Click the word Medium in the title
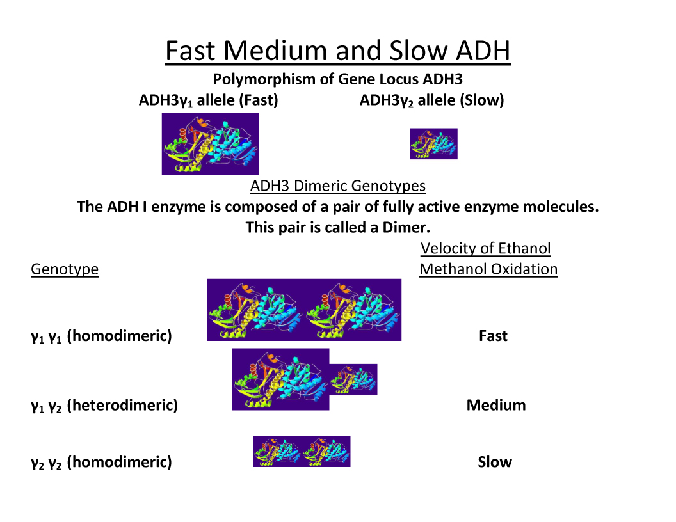tap(276, 51)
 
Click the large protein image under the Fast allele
tap(211, 143)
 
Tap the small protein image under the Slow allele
tap(433, 143)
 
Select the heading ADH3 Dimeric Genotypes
tap(338, 186)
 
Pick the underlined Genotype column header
tap(65, 269)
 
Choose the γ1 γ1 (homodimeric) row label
tap(101, 336)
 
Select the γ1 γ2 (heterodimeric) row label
tap(104, 406)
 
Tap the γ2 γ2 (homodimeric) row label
tap(101, 462)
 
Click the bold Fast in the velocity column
tap(493, 336)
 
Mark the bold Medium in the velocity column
tap(496, 406)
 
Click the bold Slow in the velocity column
tap(495, 462)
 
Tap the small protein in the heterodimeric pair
tap(353, 379)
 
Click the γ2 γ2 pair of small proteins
tap(302, 452)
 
